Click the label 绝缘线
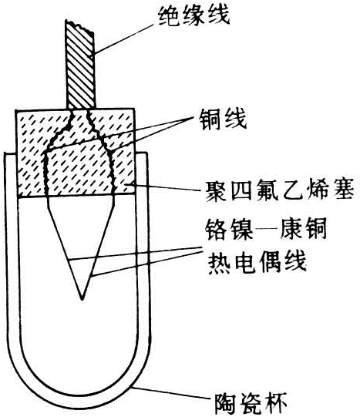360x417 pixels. pos(193,15)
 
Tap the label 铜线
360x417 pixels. pos(223,119)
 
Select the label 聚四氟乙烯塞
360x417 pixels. pos(279,190)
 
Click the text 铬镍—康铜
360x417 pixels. pos(266,229)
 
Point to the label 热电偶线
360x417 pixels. pos(257,262)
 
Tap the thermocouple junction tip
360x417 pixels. pos(82,298)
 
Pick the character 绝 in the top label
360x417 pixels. pos(170,15)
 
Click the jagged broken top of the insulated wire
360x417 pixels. pos(79,26)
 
